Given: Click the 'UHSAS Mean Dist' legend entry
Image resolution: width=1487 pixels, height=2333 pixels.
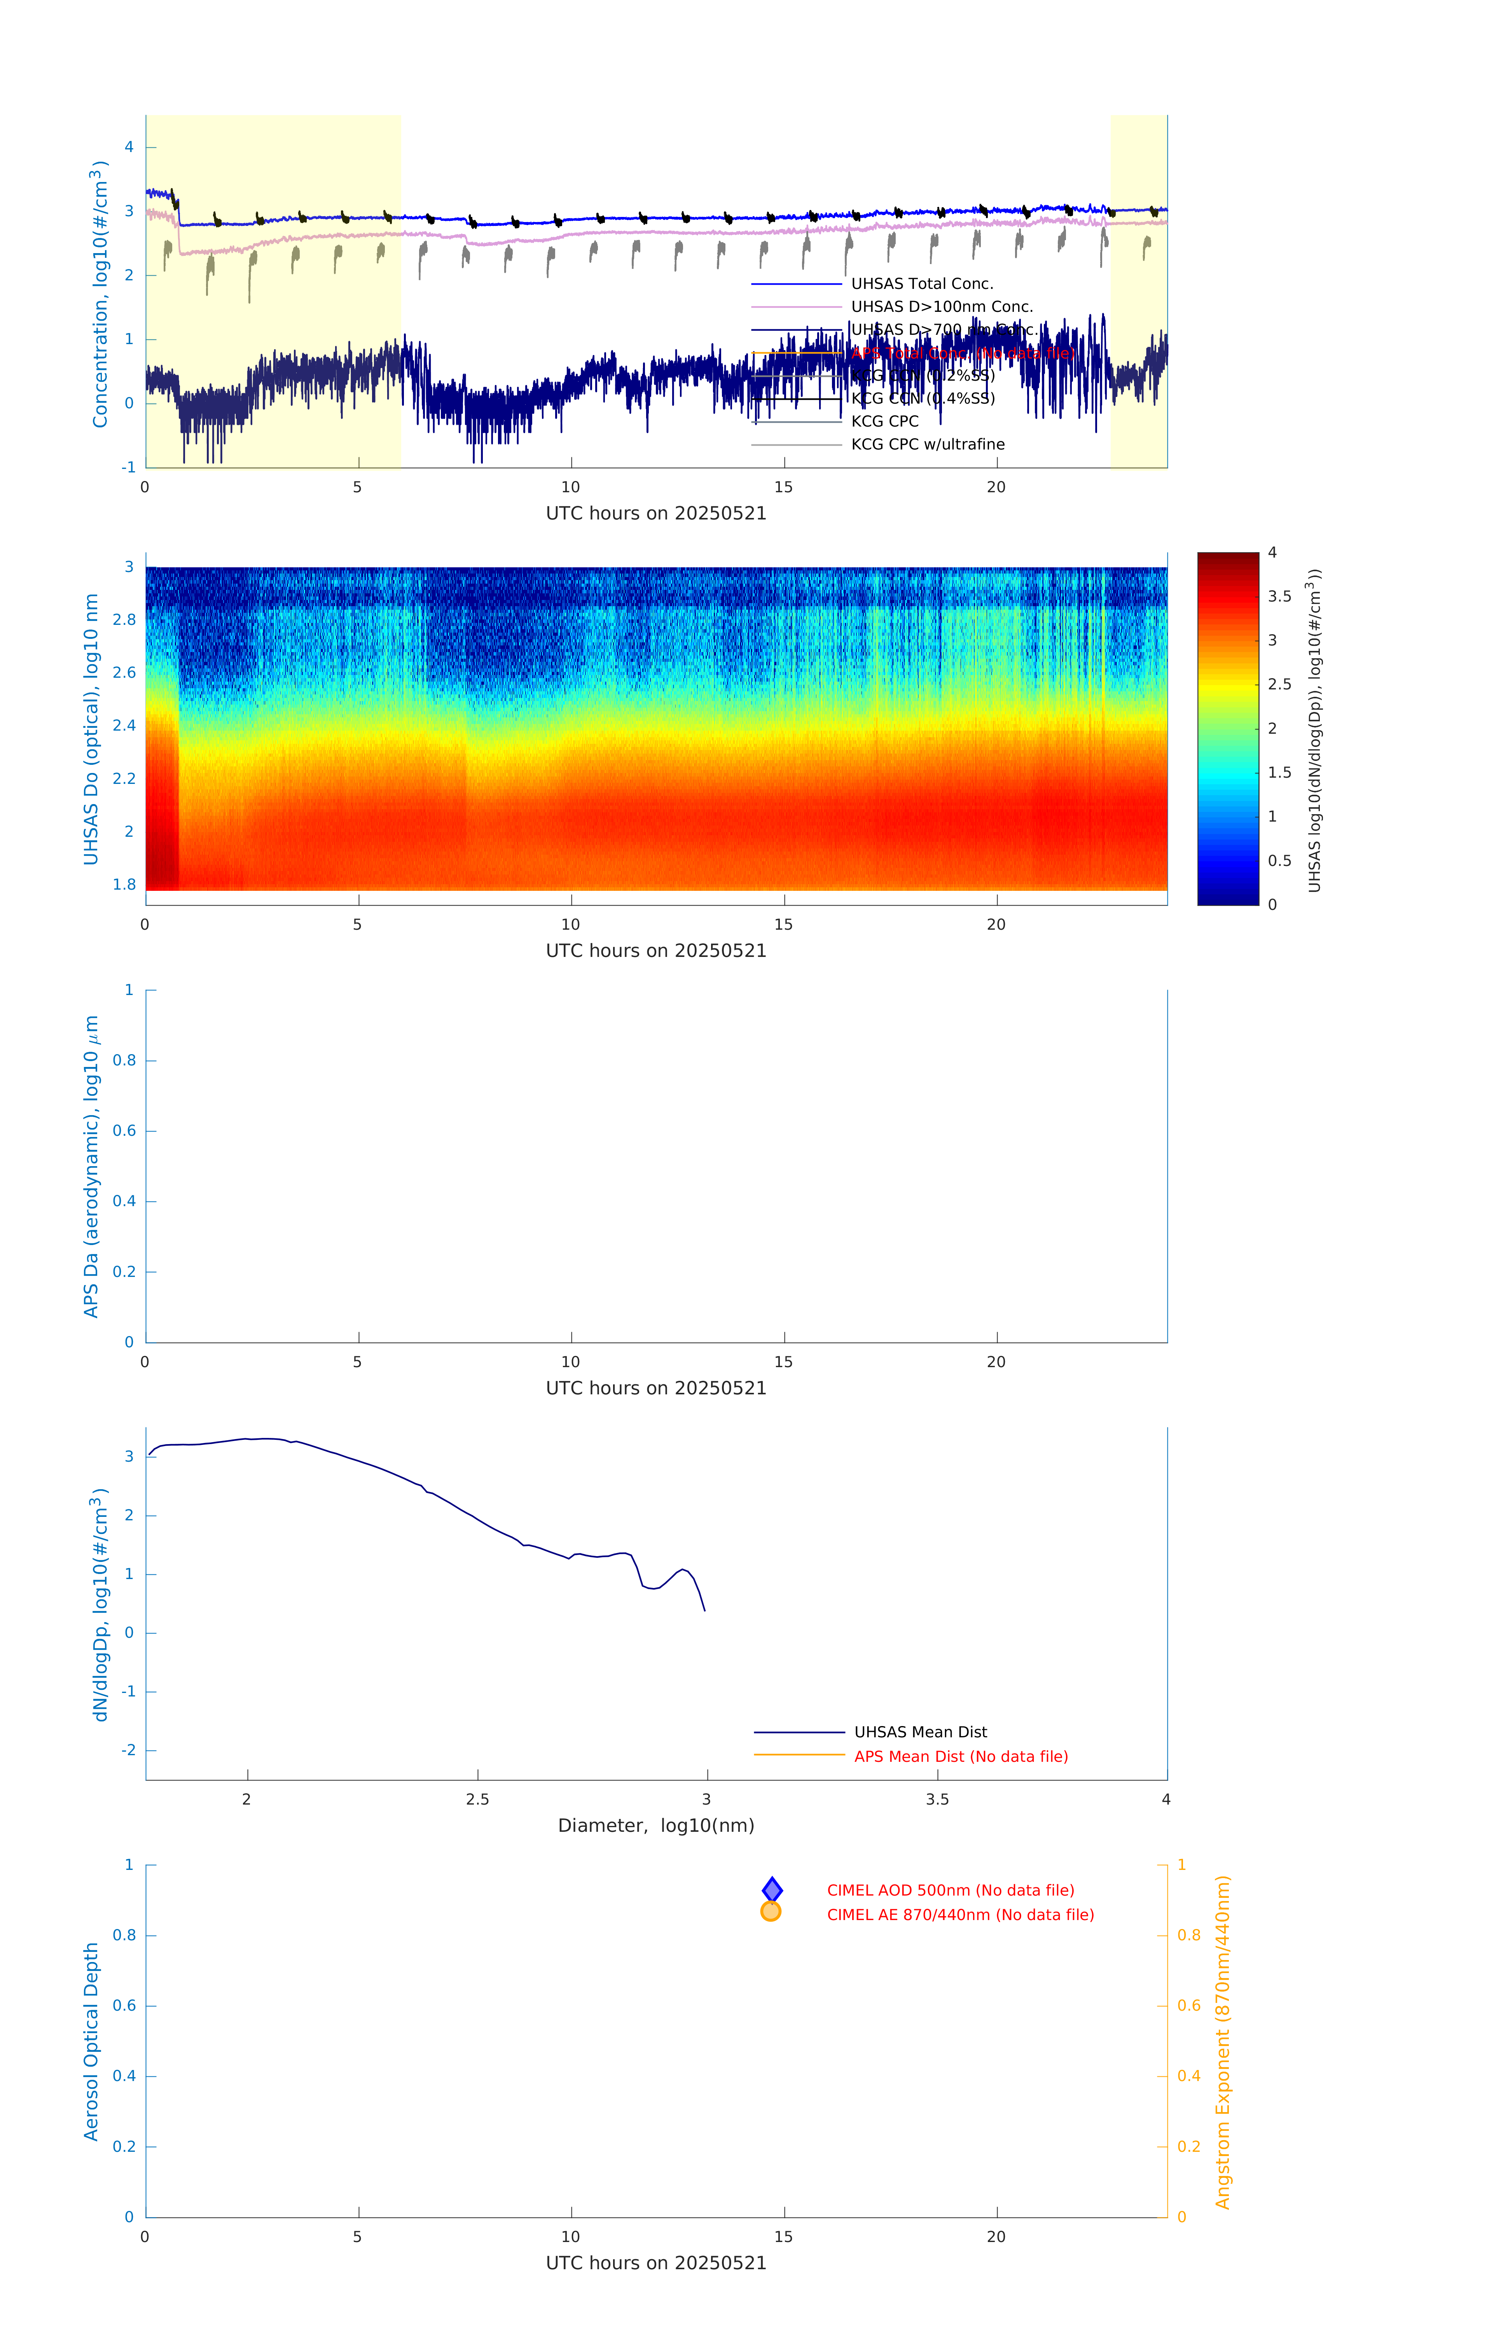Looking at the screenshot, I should (x=920, y=1732).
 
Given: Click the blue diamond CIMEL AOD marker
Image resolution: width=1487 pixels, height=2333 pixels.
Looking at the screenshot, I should (x=772, y=1890).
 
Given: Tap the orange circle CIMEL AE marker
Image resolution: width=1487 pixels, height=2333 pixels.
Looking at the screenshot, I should (x=771, y=1912).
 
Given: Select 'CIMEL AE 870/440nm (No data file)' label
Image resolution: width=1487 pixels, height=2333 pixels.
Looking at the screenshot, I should (x=960, y=1915).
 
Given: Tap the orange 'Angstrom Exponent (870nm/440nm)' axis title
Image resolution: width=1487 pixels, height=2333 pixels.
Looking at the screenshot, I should (x=1223, y=2042).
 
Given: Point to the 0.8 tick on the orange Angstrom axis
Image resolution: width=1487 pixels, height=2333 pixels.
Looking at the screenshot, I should (x=1189, y=1936).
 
